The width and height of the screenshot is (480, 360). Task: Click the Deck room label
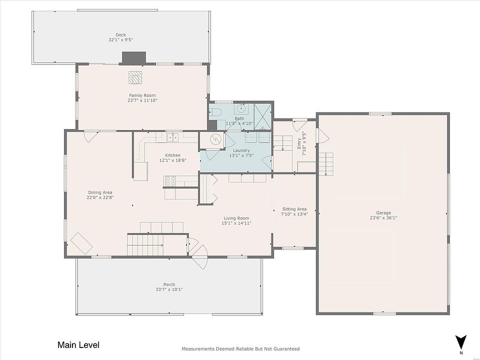click(120, 35)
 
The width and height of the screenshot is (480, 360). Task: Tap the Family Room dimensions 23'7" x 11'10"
click(142, 100)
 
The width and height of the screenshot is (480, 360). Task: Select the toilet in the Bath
click(215, 112)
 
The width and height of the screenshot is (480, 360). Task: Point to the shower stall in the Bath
click(262, 116)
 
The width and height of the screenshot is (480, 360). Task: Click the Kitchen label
click(172, 155)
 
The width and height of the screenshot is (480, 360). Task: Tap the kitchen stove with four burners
click(169, 181)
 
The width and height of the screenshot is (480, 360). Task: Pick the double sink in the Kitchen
click(173, 138)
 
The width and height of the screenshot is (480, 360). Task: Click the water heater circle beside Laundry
click(214, 140)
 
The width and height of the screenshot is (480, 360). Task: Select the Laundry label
click(241, 150)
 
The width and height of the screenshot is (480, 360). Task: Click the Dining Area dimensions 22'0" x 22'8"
click(100, 197)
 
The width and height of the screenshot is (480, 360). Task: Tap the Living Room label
click(236, 218)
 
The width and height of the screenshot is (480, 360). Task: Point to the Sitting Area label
click(294, 209)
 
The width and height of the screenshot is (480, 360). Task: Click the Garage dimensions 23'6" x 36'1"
click(383, 218)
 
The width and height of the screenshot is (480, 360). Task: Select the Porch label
click(169, 284)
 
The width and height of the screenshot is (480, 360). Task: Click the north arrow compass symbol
click(460, 343)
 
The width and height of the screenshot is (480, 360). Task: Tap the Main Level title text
click(78, 345)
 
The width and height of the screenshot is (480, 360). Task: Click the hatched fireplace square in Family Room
click(135, 77)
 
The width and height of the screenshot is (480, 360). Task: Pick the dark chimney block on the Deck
click(134, 58)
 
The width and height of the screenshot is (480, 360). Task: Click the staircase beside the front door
click(145, 244)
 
